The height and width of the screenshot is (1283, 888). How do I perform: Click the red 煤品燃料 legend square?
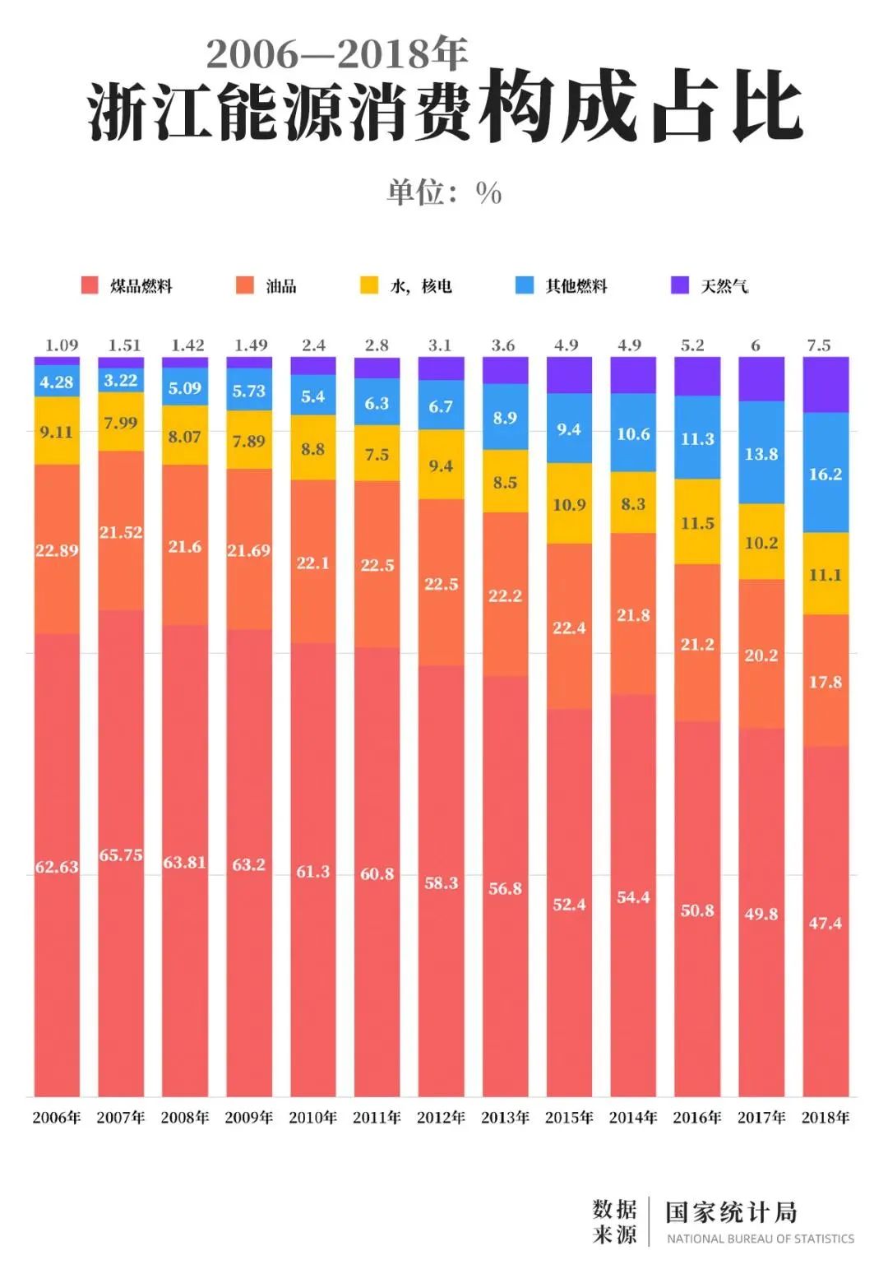[90, 285]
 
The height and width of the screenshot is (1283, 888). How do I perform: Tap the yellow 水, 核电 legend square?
[369, 285]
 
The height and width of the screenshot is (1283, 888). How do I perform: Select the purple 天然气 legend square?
[680, 285]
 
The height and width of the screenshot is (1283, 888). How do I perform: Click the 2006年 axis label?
[57, 1117]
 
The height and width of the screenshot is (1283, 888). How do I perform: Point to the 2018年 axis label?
[826, 1117]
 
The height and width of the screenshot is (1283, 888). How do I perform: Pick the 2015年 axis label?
[569, 1117]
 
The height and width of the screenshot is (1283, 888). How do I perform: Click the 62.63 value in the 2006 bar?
[57, 867]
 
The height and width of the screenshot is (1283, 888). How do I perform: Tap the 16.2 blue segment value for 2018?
[826, 474]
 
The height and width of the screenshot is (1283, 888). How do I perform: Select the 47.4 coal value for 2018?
[826, 923]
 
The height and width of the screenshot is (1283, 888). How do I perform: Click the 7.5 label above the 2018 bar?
[819, 345]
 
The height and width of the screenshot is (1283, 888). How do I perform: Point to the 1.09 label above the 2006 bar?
[62, 345]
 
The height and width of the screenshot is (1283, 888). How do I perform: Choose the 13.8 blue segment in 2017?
[761, 453]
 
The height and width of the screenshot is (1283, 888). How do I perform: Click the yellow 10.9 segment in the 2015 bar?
[569, 504]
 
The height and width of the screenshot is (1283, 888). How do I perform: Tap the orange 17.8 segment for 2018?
[826, 682]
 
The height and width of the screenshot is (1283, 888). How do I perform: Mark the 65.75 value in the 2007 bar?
[121, 855]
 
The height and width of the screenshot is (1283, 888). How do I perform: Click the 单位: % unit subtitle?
[444, 192]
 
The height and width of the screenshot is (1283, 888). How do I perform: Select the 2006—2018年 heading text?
[336, 54]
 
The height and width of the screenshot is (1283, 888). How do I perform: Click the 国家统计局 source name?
[731, 1211]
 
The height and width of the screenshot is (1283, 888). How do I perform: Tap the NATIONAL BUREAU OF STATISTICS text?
[760, 1239]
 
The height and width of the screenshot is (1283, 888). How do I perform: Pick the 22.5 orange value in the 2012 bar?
[442, 584]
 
